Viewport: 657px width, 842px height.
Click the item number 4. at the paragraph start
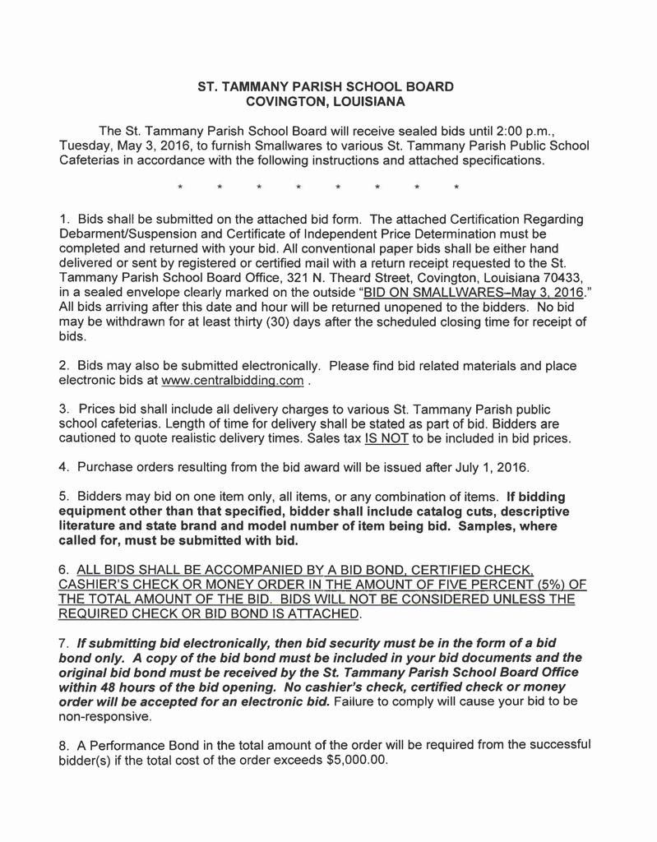click(x=66, y=468)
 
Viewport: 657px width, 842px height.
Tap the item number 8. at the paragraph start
click(x=66, y=745)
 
